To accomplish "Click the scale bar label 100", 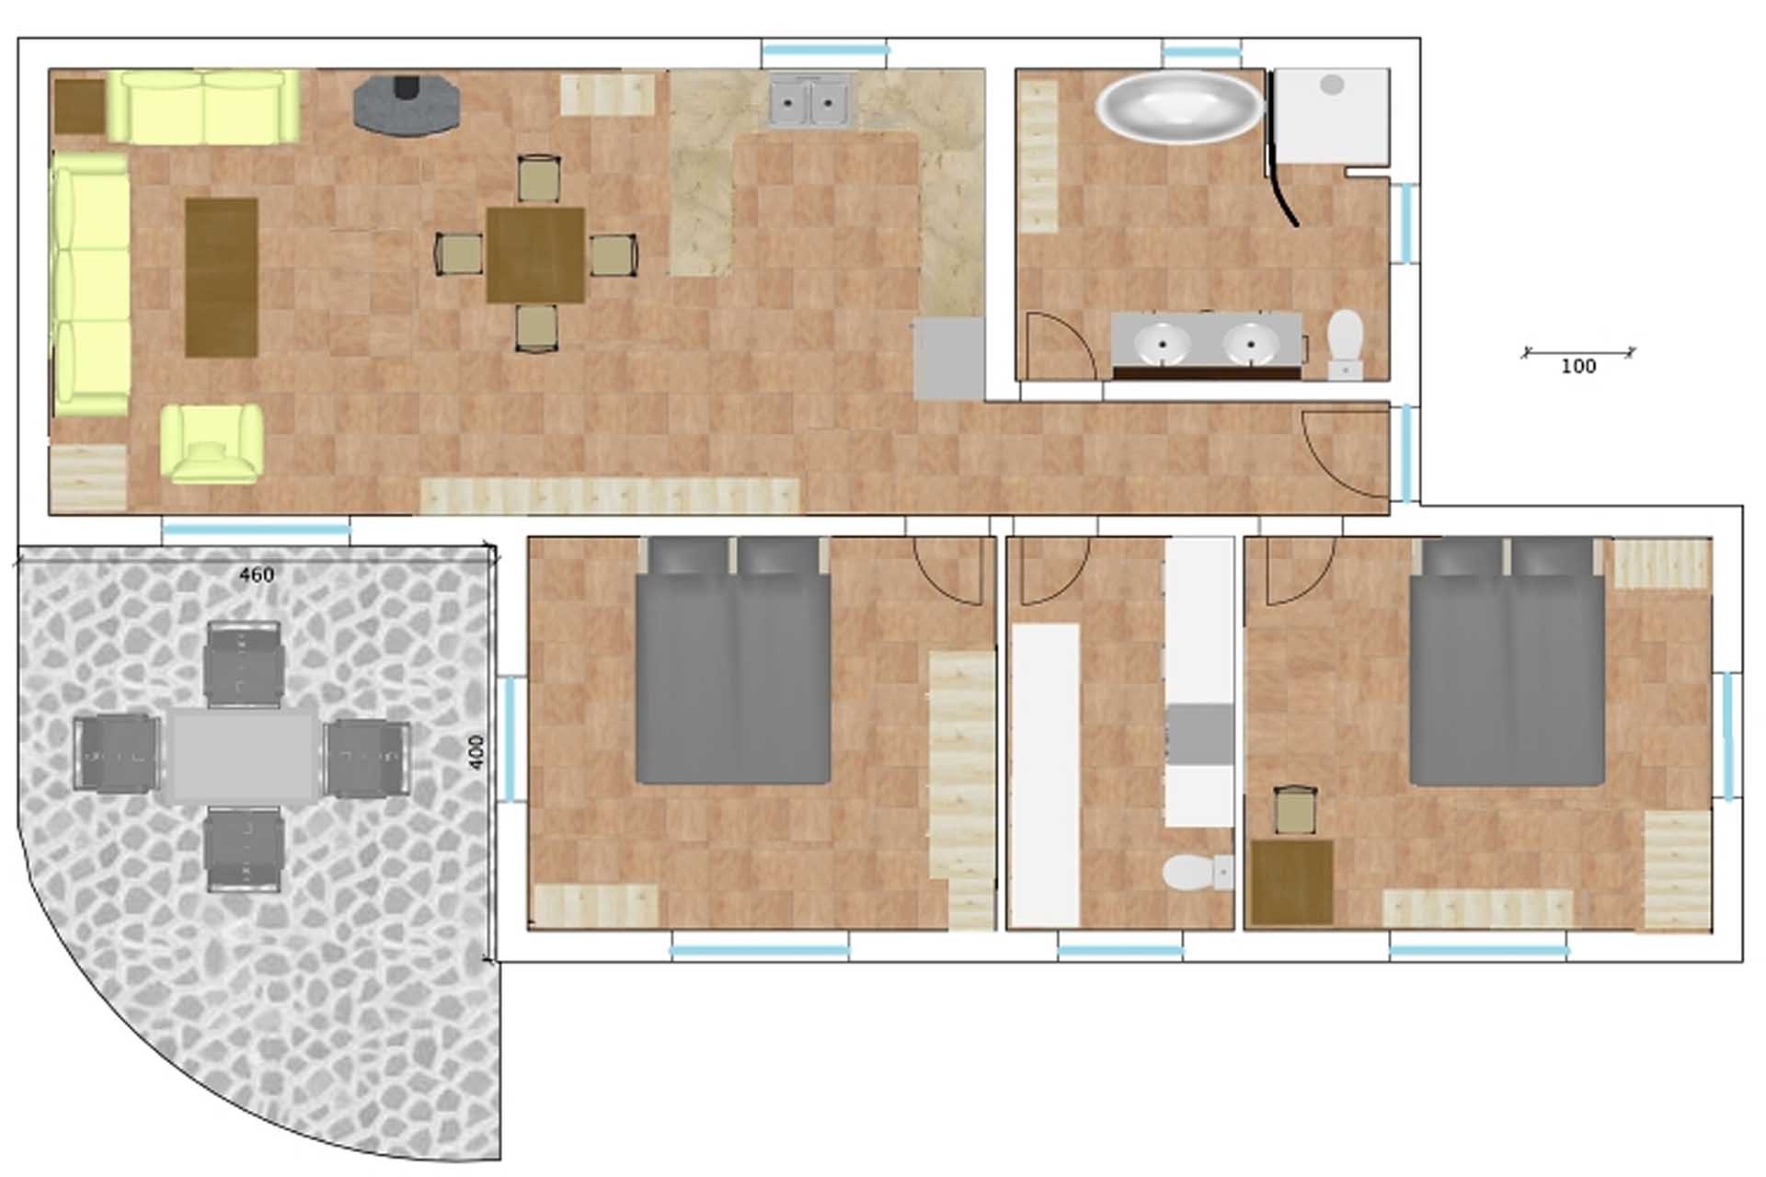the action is coord(1578,366).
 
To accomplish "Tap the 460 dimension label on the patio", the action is coord(257,575).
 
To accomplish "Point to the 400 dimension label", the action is coord(476,753).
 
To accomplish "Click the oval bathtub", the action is coord(1180,107).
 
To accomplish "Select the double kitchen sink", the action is coord(810,100).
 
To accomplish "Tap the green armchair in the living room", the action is coord(211,443).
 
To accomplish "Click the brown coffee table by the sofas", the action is coord(222,277).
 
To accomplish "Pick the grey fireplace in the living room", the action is coord(406,105).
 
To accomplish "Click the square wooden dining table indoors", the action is coord(535,255).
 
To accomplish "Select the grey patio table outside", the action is coord(243,755).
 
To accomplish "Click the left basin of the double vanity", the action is coord(1163,343).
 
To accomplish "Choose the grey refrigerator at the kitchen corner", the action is coord(949,359).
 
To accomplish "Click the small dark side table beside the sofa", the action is coord(79,107).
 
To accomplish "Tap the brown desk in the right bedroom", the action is coord(1292,882).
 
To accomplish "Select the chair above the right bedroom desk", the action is coord(1295,810).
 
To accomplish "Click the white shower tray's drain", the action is coord(1332,85).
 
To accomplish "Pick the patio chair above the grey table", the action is coord(244,664).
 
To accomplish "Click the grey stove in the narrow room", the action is coord(1200,735).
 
